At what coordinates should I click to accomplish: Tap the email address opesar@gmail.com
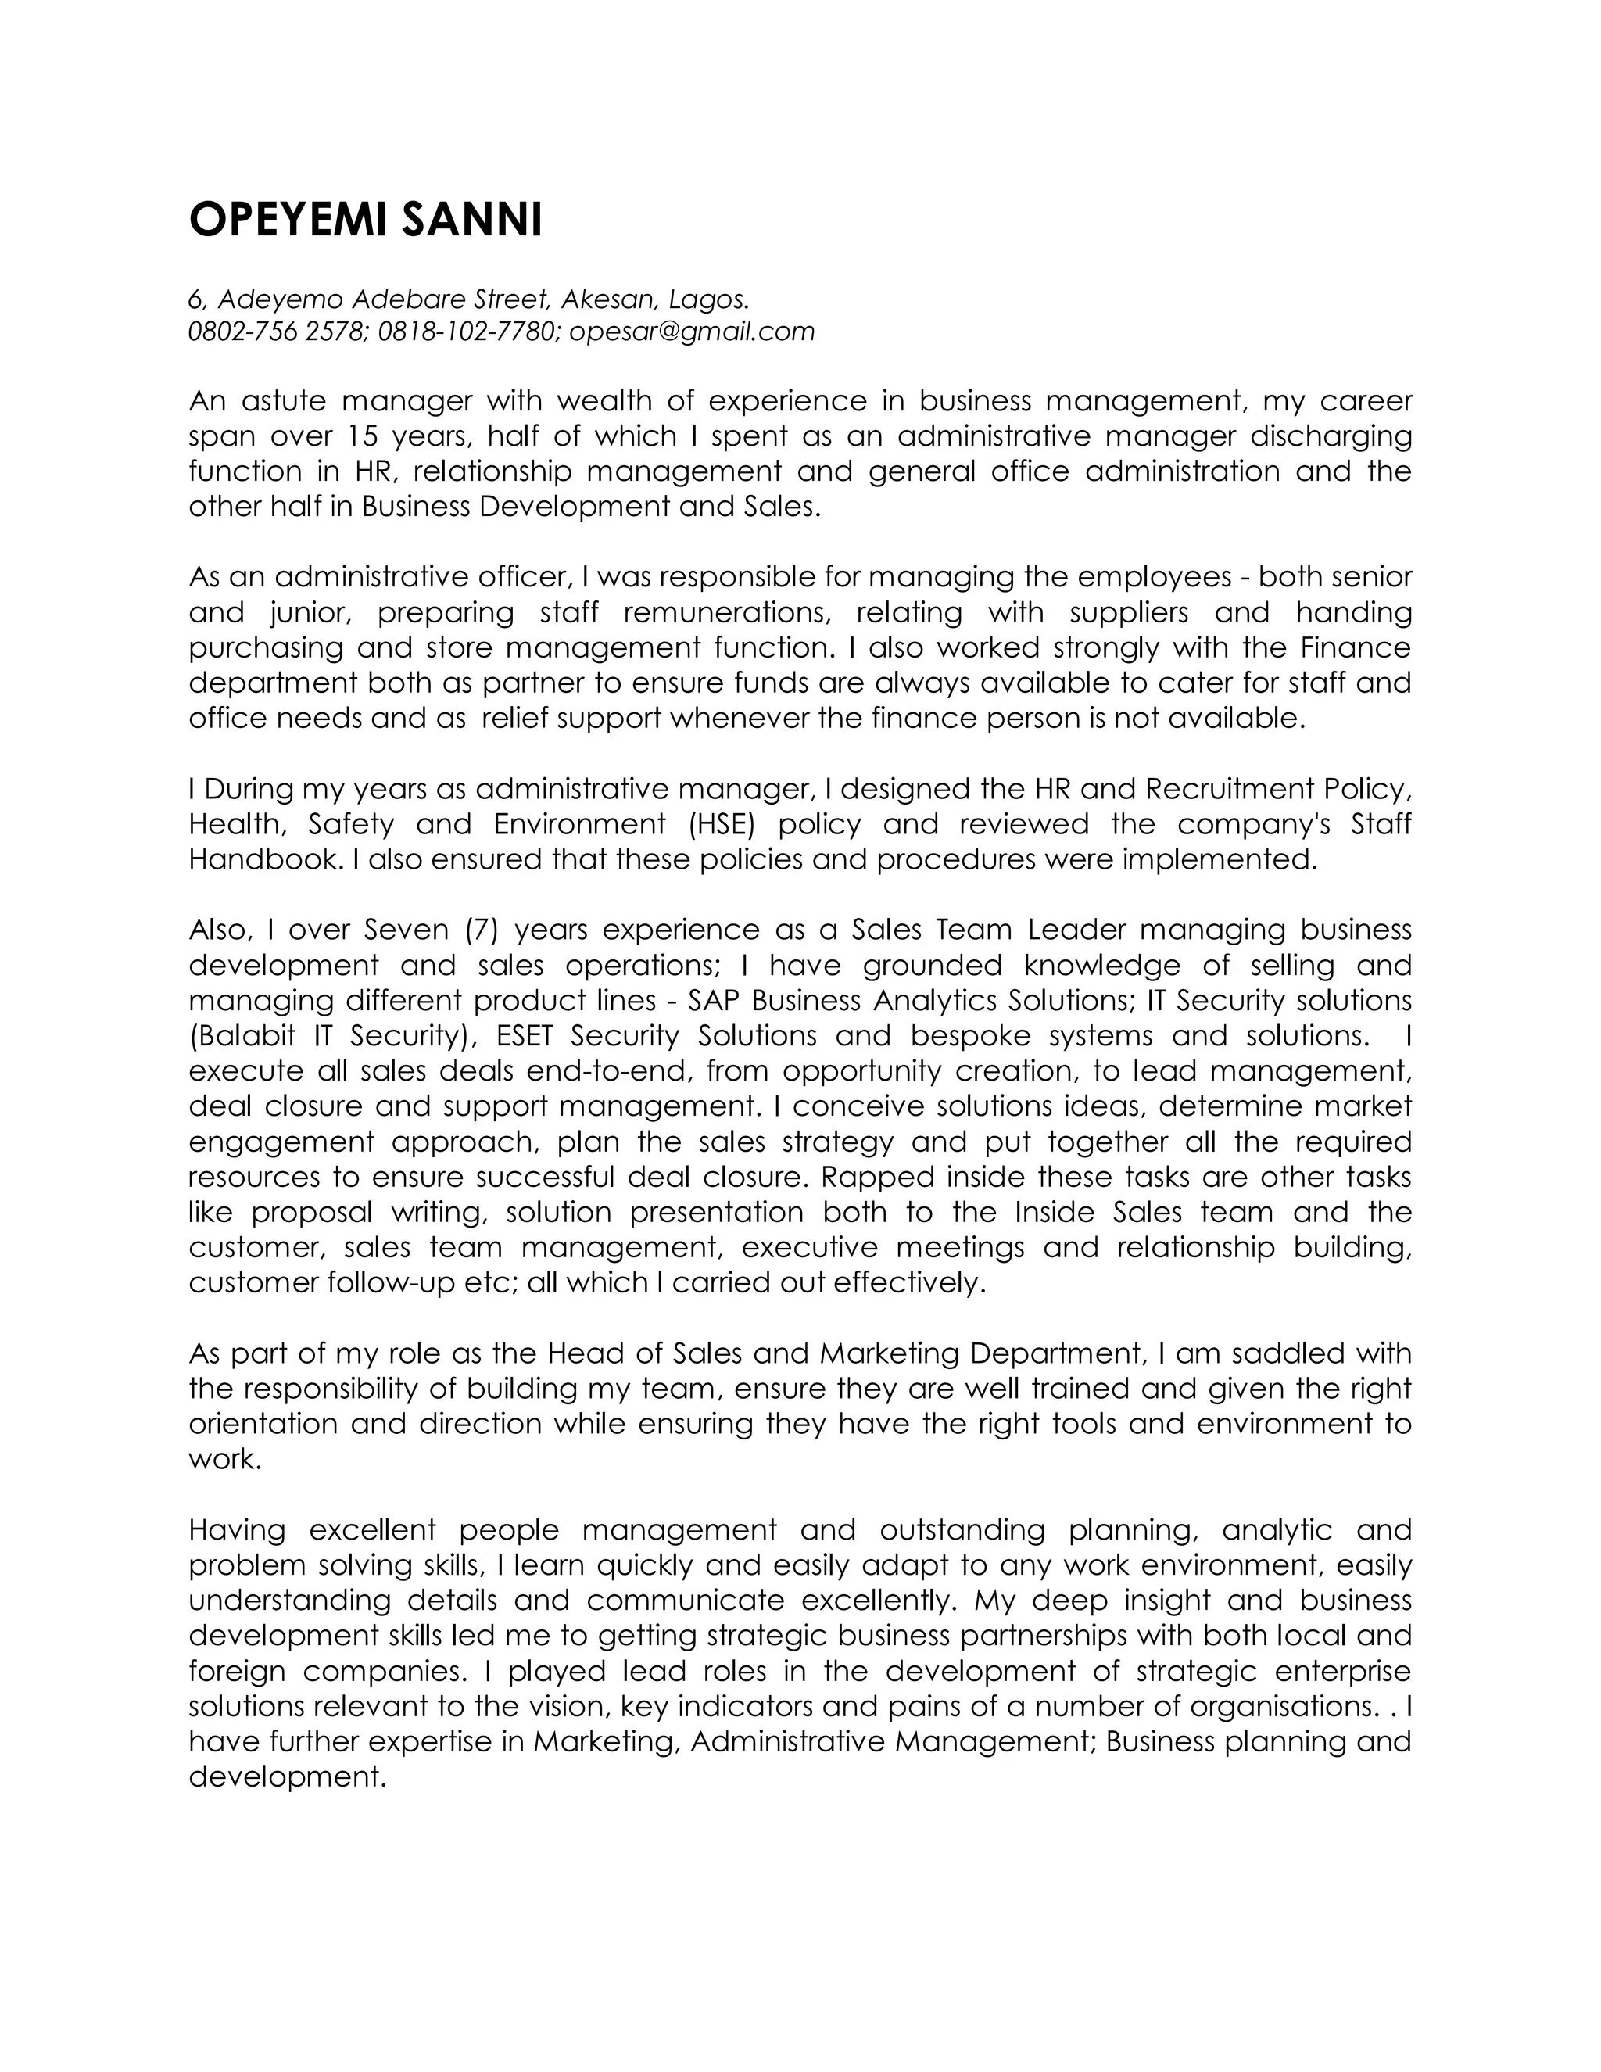coord(691,331)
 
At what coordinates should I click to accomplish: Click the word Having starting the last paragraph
coord(237,1529)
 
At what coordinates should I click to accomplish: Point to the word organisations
coord(1280,1706)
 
